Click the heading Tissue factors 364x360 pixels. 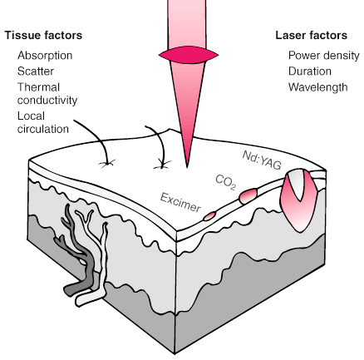[43, 35]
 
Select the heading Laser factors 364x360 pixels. [311, 35]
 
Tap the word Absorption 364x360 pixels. [45, 56]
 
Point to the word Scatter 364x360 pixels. [36, 72]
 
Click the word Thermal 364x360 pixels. [38, 87]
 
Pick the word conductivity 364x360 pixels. [47, 100]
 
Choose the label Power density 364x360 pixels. [324, 56]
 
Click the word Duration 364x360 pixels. [310, 72]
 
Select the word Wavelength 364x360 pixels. [318, 87]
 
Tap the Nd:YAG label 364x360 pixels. [262, 160]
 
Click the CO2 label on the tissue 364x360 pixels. [226, 182]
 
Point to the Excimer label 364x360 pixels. [180, 202]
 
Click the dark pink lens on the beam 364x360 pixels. [189, 55]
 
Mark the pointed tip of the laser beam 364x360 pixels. [187, 167]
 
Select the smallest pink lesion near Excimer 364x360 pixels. [209, 216]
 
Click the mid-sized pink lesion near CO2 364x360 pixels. [248, 195]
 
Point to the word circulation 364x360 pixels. [43, 129]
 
